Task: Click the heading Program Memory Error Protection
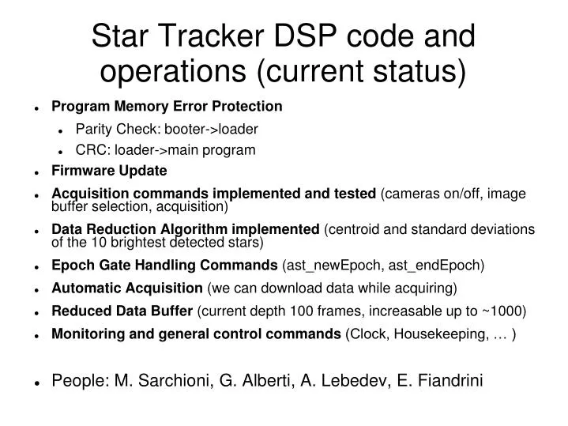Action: (167, 106)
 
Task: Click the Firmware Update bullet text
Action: (109, 171)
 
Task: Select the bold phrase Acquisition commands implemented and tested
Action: (213, 194)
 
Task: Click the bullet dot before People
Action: (37, 382)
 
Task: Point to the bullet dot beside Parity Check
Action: (62, 129)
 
